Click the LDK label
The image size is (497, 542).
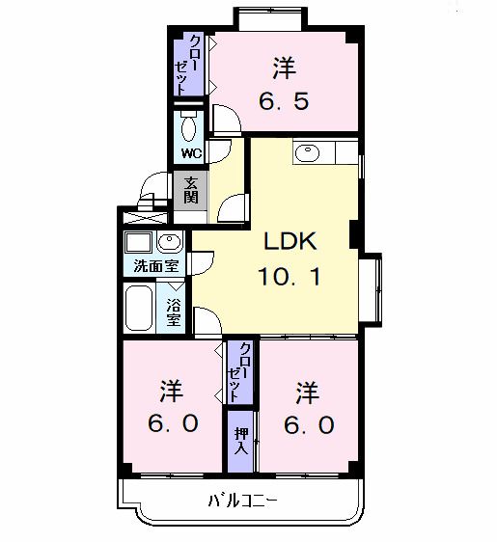[x=285, y=242]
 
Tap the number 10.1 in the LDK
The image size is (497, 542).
[x=289, y=278]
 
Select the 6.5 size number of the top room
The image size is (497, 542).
[x=284, y=100]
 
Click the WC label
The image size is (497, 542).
[x=188, y=152]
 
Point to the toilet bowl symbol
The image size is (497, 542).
[x=188, y=126]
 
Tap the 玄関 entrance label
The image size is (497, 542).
[x=191, y=191]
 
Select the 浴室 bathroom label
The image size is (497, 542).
[x=174, y=312]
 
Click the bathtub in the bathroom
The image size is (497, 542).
[x=140, y=308]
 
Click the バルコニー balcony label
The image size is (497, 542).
[x=241, y=501]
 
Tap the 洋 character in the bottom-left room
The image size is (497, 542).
[x=171, y=392]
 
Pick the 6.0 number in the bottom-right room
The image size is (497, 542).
[x=307, y=424]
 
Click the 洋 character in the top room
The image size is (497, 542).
[x=283, y=68]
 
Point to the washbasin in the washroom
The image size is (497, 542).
[x=168, y=242]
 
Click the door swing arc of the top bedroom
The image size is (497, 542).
[x=226, y=120]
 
